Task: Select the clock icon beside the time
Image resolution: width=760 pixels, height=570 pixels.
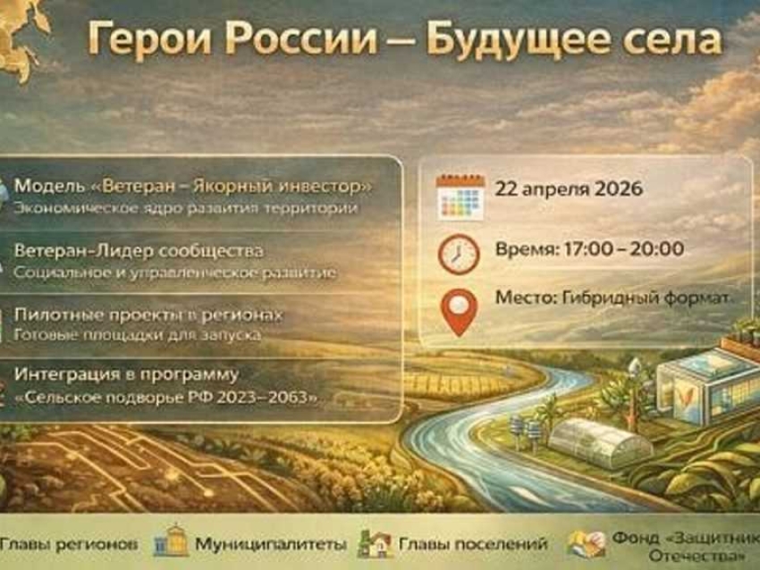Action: coord(460,254)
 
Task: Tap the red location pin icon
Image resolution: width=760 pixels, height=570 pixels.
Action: coord(460,312)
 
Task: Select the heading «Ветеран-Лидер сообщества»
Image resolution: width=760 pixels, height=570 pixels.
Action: coord(139,252)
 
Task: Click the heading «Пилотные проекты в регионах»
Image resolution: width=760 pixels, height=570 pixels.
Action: coord(148,315)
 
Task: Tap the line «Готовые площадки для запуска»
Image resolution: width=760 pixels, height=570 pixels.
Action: coord(137,335)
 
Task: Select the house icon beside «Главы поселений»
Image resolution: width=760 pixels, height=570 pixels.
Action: coord(375,542)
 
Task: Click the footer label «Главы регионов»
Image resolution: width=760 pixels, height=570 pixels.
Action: coord(69,542)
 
